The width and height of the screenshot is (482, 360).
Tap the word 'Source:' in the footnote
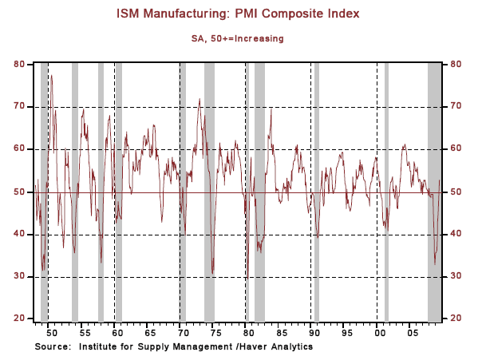point(53,347)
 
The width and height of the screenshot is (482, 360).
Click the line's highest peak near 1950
point(50,75)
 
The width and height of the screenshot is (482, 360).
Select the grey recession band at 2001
point(386,192)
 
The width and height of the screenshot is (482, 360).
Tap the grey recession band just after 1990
point(316,192)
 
